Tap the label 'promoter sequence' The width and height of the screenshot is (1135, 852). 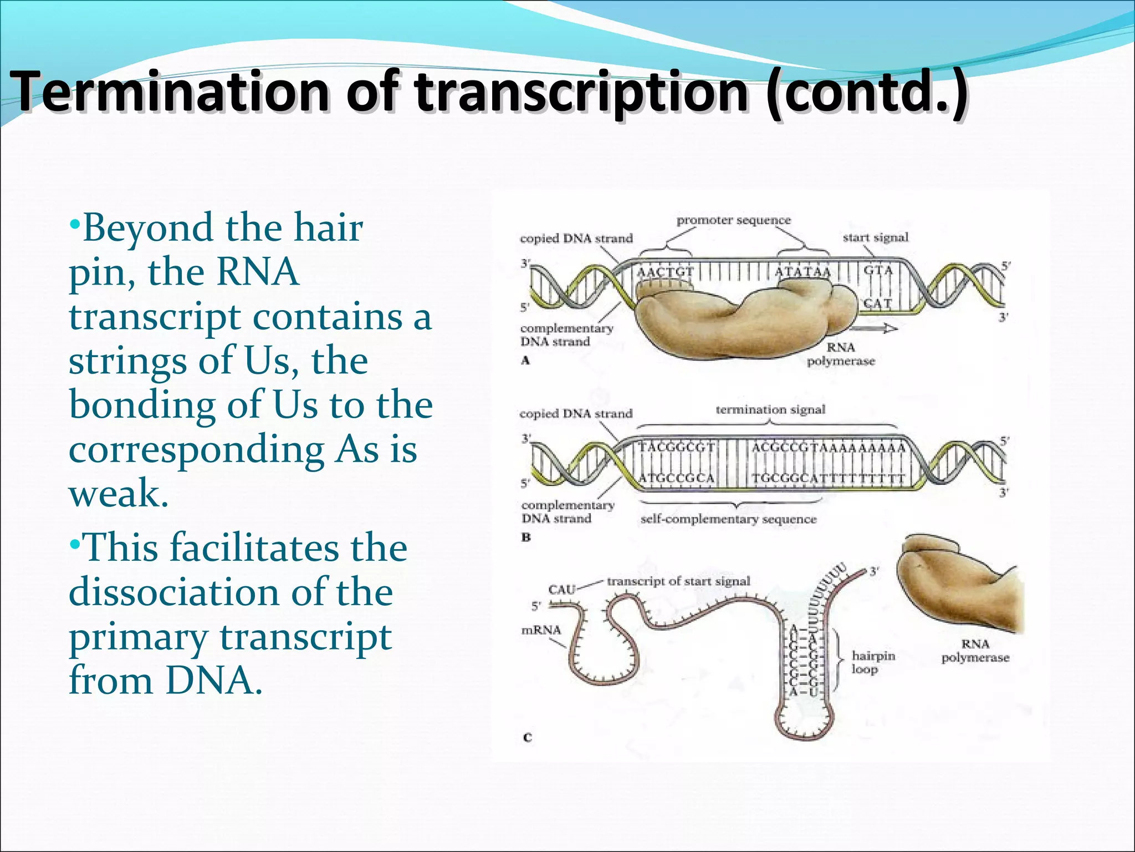[733, 220]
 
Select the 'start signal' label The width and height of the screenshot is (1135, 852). [876, 237]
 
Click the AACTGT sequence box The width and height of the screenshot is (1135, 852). [665, 272]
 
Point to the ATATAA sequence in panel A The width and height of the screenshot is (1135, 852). [802, 272]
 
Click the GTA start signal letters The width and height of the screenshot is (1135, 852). [878, 270]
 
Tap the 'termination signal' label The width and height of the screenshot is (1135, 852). [770, 409]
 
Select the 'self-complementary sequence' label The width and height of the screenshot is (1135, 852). [728, 519]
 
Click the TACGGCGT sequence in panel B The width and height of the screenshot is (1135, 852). [677, 448]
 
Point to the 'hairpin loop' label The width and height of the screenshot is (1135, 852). [873, 662]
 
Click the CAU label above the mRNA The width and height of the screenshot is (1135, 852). [561, 589]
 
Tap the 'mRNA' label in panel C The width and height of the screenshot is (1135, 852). [541, 630]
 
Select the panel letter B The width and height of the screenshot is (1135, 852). [526, 537]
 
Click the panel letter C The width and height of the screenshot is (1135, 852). [527, 738]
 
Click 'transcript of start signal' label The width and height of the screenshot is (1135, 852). [678, 581]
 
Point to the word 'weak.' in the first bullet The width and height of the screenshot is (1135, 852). [118, 493]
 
